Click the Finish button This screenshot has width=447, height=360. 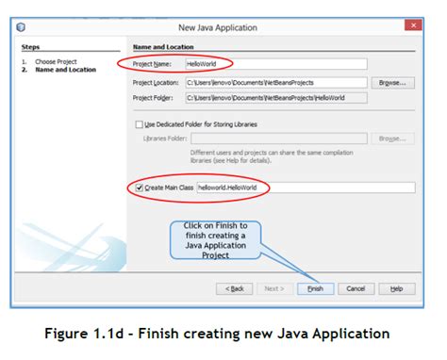tap(315, 288)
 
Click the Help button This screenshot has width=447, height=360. tap(396, 288)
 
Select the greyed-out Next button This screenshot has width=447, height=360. tap(274, 288)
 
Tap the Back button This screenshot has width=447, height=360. tap(235, 288)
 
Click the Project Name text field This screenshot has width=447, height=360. tap(273, 65)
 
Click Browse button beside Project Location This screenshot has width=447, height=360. tap(393, 83)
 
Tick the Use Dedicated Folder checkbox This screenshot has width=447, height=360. tap(140, 123)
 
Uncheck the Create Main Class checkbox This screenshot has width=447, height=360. tap(140, 188)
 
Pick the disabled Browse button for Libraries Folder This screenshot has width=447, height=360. tap(393, 139)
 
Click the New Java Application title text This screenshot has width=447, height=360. tap(223, 26)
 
